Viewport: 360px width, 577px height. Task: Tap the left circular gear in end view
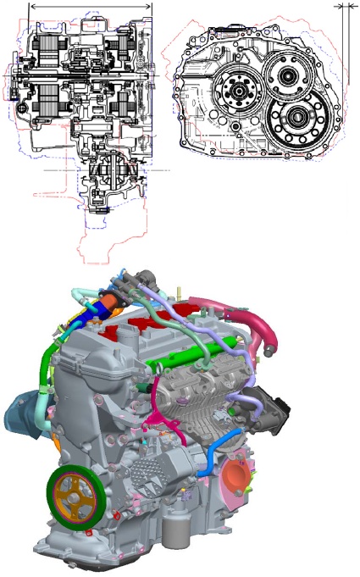pyautogui.click(x=235, y=89)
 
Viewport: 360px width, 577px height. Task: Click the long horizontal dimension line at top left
pyautogui.click(x=91, y=6)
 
